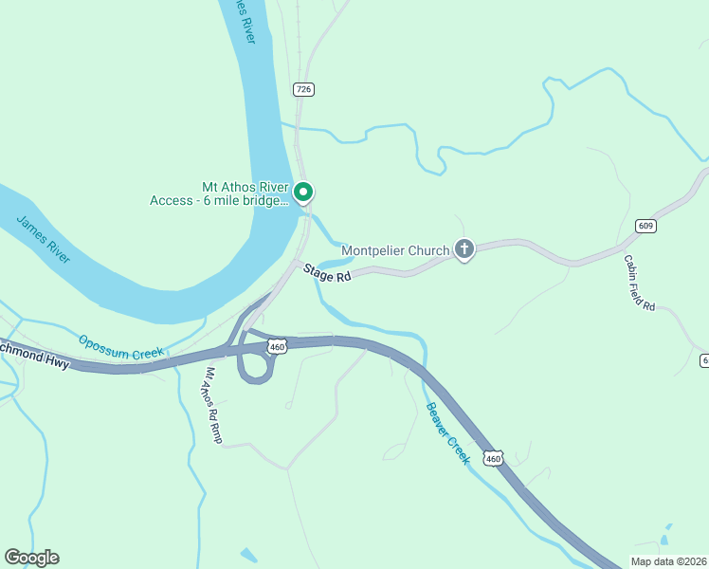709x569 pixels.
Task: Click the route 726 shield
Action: coord(302,89)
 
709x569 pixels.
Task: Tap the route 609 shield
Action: coord(645,226)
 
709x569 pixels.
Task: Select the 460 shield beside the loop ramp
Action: coord(277,348)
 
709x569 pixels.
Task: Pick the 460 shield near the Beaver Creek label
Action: coord(492,459)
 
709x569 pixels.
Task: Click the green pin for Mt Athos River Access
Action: coord(303,192)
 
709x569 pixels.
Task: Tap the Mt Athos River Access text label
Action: coord(218,193)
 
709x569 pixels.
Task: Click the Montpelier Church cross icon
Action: coord(464,249)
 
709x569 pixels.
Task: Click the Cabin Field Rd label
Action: coord(640,283)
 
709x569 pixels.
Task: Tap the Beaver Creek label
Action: coord(446,432)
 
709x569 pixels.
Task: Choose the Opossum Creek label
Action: coord(121,348)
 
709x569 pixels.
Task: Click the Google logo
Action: coord(31,558)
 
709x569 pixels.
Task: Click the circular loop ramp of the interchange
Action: coord(255,366)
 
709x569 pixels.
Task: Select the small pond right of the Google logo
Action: coord(247,555)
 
